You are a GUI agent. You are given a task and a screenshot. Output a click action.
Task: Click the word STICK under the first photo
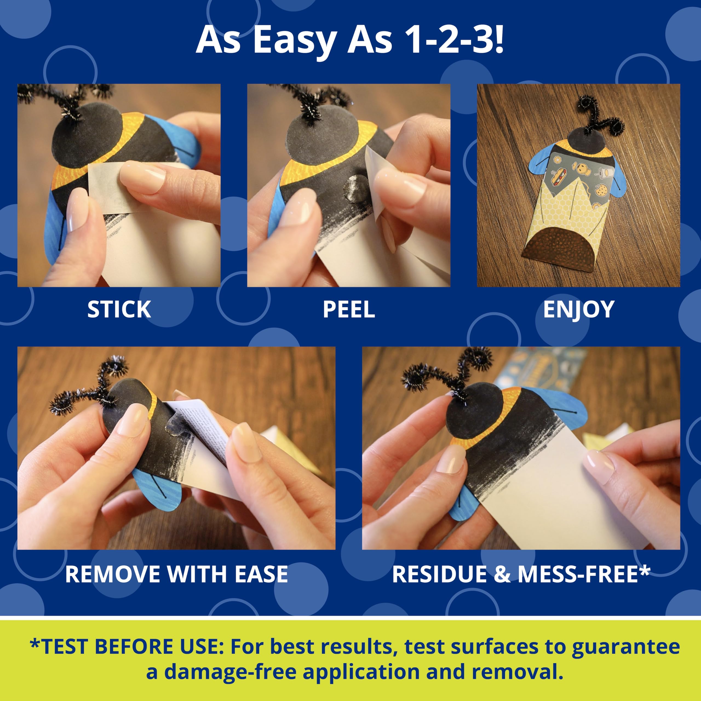click(x=119, y=309)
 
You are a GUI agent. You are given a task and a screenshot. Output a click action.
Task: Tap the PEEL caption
click(x=348, y=309)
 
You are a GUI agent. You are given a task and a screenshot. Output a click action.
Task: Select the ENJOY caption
click(x=578, y=309)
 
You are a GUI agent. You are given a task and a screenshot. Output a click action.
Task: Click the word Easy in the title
click(x=295, y=41)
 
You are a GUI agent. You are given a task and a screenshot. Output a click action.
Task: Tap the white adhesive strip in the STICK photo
click(x=109, y=183)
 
